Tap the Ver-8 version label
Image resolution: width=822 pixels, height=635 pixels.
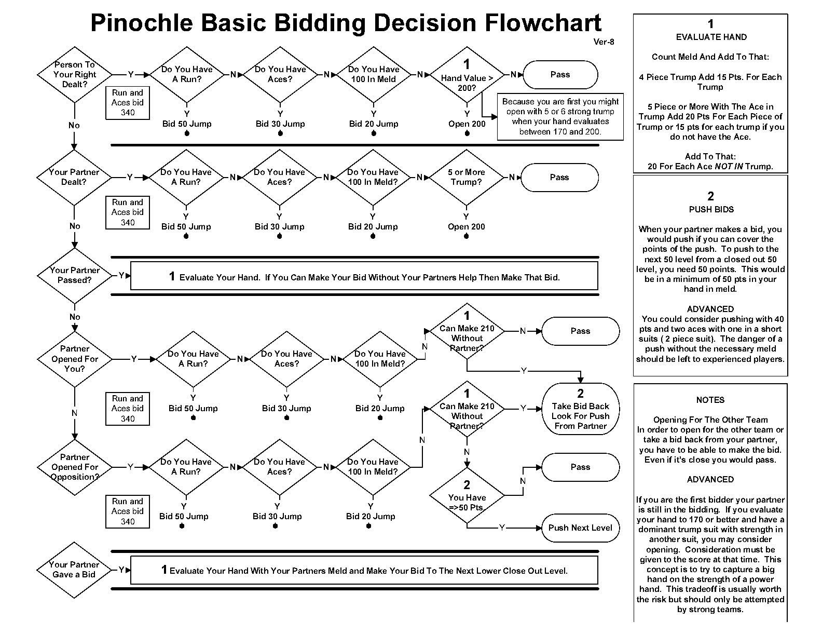coord(604,42)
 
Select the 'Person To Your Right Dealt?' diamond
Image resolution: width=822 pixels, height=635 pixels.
coord(75,74)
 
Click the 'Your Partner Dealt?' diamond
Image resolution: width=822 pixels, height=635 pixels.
coord(74,177)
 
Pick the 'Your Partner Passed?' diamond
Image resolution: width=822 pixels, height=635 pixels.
coord(75,275)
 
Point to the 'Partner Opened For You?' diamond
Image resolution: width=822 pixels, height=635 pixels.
coord(75,359)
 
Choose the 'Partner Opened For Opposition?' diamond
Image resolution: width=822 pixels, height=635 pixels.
coord(75,467)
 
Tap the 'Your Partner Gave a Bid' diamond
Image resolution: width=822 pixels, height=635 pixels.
coord(74,570)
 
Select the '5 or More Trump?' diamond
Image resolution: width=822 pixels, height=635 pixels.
coord(467,177)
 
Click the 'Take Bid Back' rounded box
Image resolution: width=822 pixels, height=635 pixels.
coord(580,409)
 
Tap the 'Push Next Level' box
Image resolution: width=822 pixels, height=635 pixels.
coord(580,528)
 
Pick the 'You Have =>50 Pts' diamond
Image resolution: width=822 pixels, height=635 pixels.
coord(467,497)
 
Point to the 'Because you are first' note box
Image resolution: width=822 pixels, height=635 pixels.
coord(560,117)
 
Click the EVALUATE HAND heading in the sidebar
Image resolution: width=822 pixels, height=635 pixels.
coord(711,37)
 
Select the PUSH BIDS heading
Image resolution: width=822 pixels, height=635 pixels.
coord(711,210)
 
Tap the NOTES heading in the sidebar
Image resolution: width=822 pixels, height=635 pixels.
coord(710,400)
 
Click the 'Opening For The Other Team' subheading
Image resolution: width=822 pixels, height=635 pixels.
coord(710,420)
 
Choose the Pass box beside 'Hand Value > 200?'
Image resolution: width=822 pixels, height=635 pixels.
coord(560,75)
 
